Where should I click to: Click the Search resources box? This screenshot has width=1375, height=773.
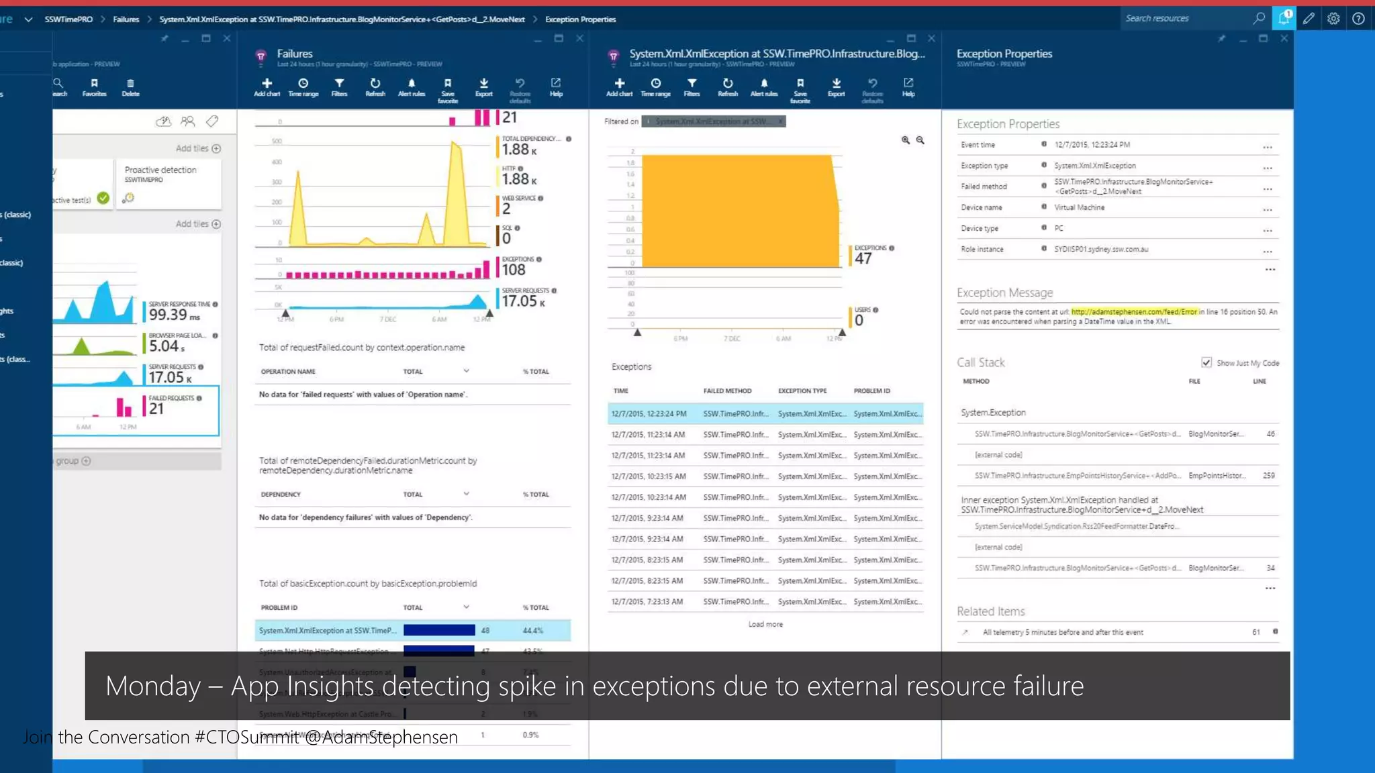pos(1185,19)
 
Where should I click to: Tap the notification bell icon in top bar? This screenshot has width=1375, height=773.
pos(1284,19)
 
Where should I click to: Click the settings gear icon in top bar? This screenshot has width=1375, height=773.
pos(1333,19)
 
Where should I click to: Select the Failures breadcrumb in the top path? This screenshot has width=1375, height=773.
pos(126,19)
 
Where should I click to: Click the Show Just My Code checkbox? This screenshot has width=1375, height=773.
pos(1206,362)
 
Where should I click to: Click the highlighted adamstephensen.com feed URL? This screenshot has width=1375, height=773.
pos(1133,312)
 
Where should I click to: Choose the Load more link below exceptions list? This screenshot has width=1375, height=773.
pos(765,625)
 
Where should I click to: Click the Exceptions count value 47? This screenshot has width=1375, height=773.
pos(863,259)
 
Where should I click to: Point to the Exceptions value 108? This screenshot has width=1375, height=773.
pos(514,270)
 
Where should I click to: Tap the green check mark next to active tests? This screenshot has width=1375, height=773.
pos(103,198)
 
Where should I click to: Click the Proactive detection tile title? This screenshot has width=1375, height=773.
pos(160,170)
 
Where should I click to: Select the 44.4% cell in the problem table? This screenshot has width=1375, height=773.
pos(532,631)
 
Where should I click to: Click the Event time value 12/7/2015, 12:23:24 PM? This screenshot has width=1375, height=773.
pos(1092,145)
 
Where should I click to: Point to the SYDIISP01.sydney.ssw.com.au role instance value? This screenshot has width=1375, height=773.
pos(1100,250)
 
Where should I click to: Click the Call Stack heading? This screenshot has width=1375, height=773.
pos(980,363)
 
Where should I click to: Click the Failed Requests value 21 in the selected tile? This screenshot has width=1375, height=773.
pos(156,409)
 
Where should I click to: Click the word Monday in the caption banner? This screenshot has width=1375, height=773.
pos(153,686)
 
